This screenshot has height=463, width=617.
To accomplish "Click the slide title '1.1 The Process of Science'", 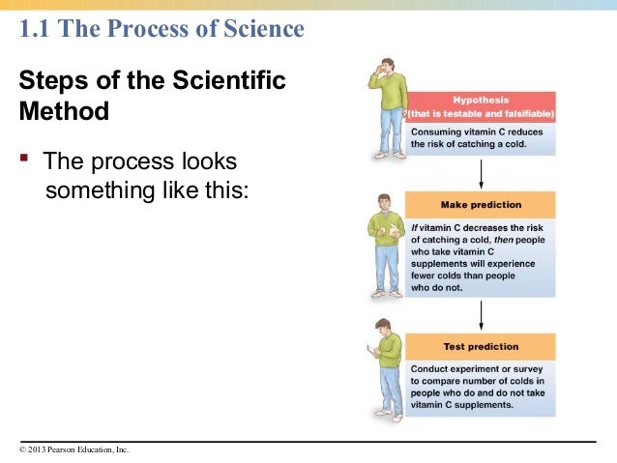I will coord(162,30).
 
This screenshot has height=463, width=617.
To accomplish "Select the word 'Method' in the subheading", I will coord(64,111).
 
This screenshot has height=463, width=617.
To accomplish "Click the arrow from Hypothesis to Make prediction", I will coord(481,173).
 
